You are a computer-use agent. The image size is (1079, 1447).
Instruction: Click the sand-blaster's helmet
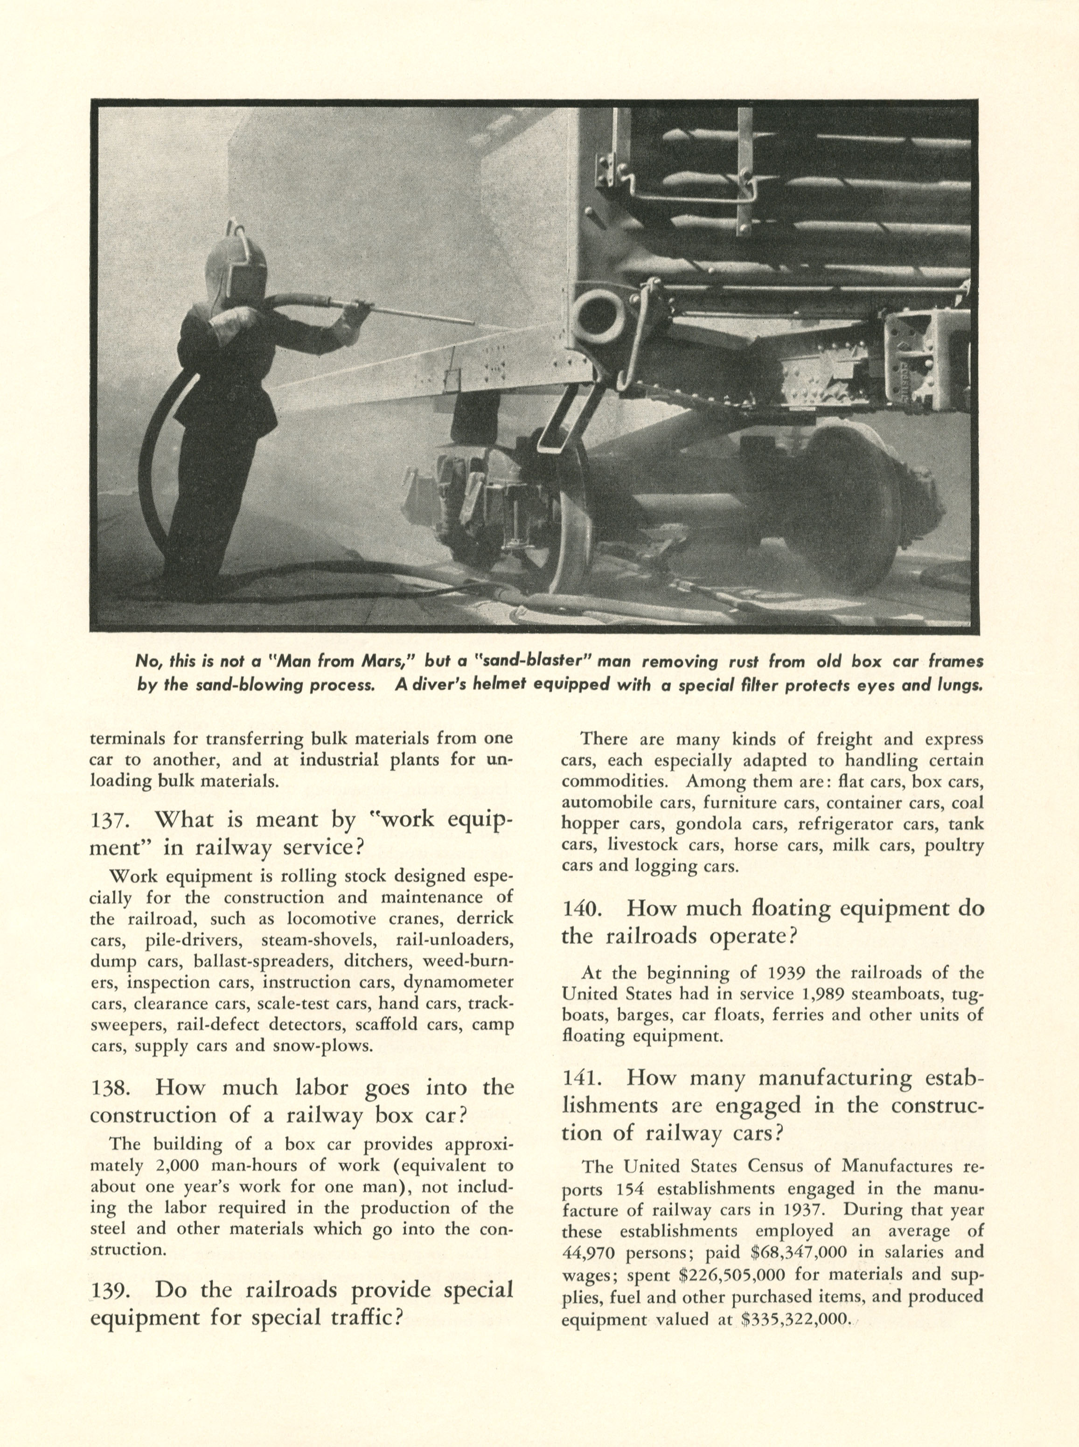point(237,266)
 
